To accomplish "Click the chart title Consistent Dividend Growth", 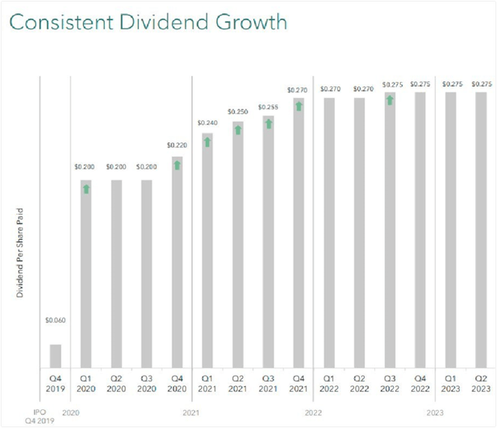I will click(148, 23).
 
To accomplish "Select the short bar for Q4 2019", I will click(55, 356).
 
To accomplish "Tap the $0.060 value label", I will click(55, 319).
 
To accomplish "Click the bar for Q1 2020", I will click(86, 274).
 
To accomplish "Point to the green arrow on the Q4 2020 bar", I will click(177, 164).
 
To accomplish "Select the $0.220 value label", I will click(177, 145).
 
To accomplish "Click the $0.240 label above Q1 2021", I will click(207, 123).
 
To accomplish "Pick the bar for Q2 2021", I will click(238, 244).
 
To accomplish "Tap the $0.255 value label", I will click(268, 107).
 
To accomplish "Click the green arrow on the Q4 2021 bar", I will click(298, 105).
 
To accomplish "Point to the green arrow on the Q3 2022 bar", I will click(390, 99).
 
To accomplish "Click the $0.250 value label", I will click(238, 112).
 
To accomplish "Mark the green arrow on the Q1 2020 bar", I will click(86, 188).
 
